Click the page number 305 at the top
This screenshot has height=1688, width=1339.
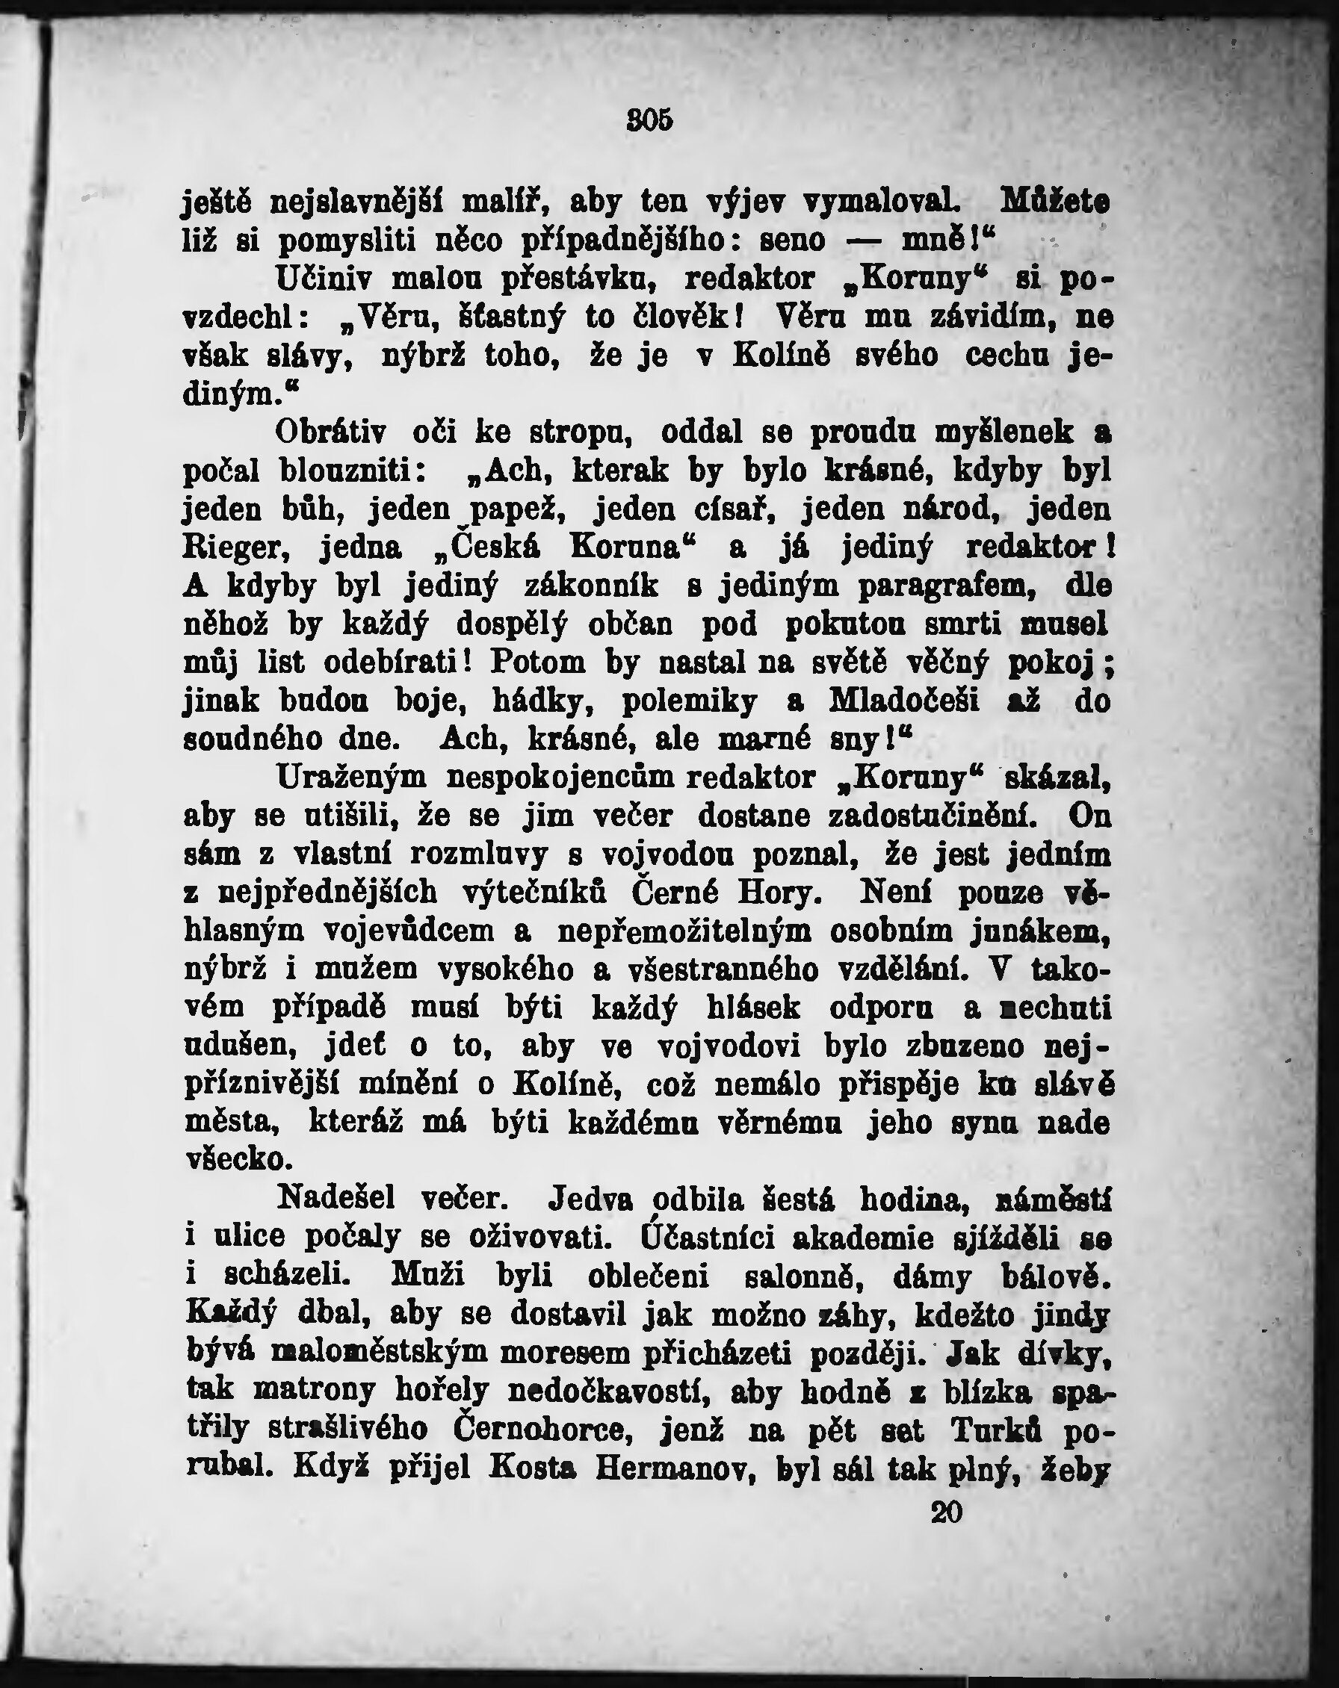(649, 120)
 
